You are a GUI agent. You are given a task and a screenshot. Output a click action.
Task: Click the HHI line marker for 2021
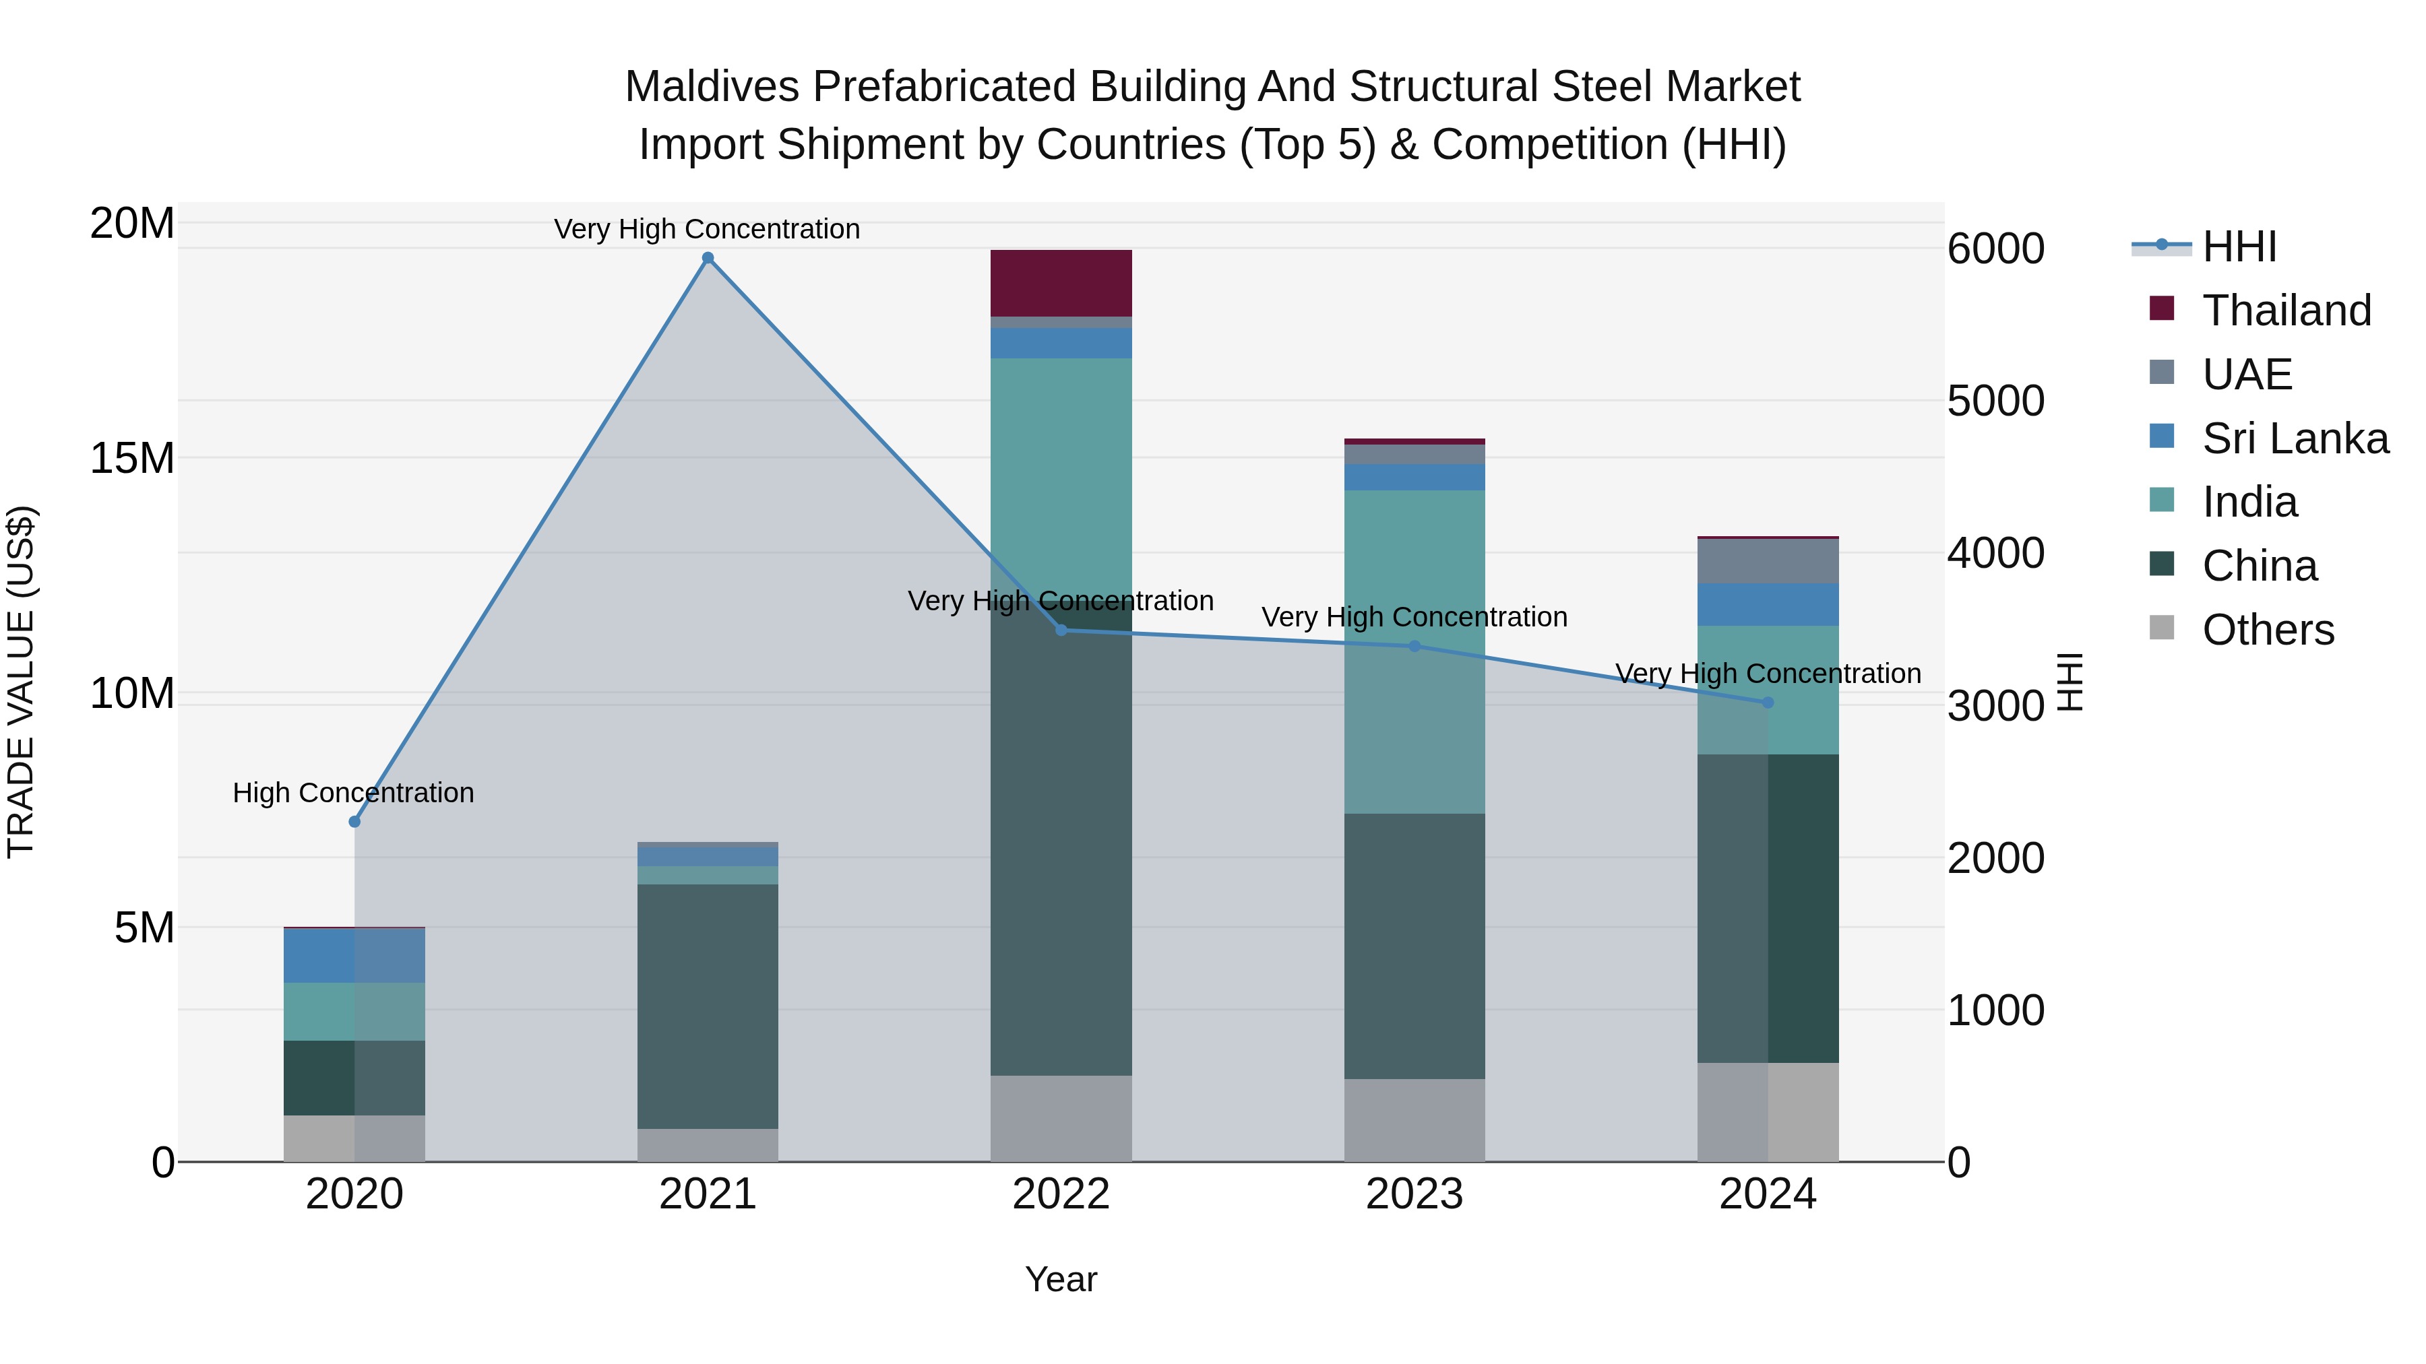[708, 258]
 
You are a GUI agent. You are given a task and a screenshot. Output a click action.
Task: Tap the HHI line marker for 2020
[354, 822]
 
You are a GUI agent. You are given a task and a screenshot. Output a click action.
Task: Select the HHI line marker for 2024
[1767, 703]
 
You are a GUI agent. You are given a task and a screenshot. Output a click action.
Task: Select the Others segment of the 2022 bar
[1061, 1118]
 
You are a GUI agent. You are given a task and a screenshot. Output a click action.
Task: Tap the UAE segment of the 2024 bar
[1767, 561]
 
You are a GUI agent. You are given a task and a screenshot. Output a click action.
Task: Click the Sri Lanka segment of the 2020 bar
[354, 955]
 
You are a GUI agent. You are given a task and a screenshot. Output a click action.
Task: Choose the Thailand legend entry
[2286, 311]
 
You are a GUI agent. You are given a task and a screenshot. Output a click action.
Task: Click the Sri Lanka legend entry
[2294, 439]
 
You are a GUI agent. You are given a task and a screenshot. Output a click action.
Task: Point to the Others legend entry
[2267, 630]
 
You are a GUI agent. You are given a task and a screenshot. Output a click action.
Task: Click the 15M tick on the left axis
[132, 459]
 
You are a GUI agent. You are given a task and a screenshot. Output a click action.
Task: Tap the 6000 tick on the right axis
[1995, 249]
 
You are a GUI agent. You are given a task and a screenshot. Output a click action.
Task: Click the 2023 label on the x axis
[1414, 1194]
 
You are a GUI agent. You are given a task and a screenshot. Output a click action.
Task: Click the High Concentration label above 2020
[353, 793]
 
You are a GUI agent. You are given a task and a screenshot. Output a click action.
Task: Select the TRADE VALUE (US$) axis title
[21, 682]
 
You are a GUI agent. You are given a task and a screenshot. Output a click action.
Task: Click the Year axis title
[1061, 1279]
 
